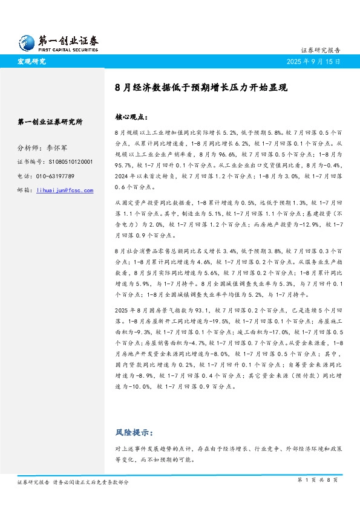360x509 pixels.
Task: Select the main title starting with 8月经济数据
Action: click(201, 87)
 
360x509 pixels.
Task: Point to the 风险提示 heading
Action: click(134, 433)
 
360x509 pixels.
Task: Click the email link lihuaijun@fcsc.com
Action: click(65, 190)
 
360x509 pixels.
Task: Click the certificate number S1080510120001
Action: click(68, 161)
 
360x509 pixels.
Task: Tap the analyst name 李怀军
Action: click(58, 147)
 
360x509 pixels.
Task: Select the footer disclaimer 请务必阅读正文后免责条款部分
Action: click(91, 482)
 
